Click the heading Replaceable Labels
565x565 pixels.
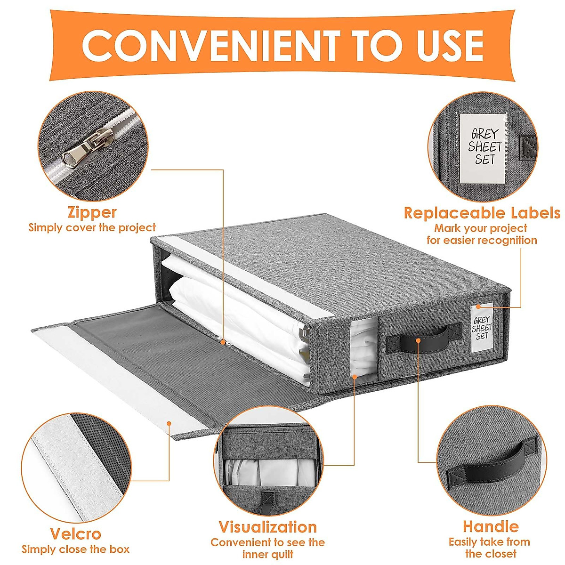pos(482,213)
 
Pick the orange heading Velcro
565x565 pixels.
pos(75,534)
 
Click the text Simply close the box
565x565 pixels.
pos(75,549)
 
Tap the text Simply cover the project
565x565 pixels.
pos(92,228)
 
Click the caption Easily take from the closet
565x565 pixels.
pos(490,547)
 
